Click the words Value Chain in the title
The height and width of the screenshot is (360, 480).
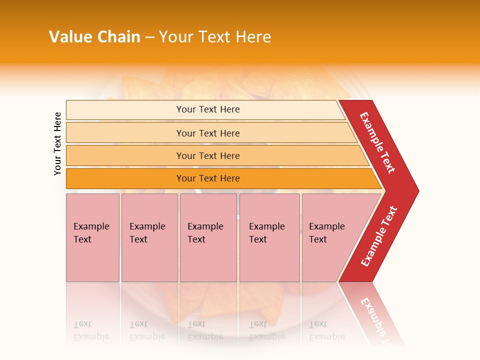tap(94, 37)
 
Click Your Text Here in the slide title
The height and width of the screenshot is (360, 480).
tap(215, 37)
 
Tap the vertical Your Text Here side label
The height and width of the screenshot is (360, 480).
tap(57, 143)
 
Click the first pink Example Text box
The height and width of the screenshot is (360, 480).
tap(92, 237)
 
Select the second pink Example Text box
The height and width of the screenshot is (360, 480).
tap(149, 237)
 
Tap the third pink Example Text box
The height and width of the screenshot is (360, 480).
tap(208, 237)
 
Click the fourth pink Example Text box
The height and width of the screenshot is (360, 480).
tap(269, 237)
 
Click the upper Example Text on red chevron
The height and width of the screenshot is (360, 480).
tap(377, 142)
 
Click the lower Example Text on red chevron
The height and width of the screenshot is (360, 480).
tap(379, 236)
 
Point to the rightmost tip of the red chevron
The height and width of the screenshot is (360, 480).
tap(418, 191)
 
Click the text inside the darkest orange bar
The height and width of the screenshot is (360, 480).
tap(208, 178)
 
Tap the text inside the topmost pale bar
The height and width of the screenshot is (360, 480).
tap(208, 109)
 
